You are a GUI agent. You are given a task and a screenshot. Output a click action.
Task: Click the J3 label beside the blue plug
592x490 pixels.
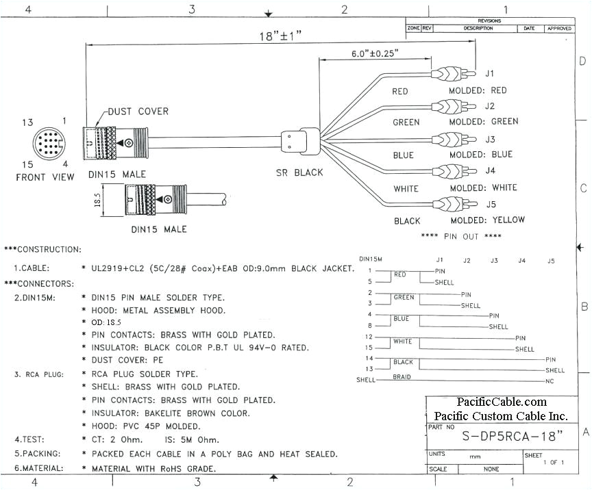pos(490,139)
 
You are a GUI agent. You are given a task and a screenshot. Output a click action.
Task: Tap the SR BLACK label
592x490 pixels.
pos(299,172)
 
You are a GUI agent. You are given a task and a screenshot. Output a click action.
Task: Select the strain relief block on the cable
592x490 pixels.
pos(299,141)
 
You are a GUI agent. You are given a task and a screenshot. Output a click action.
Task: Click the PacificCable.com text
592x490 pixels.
pos(502,402)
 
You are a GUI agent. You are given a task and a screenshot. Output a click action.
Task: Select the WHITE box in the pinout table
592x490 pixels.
pos(402,341)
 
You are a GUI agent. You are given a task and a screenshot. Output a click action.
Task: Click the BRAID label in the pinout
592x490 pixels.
pos(402,377)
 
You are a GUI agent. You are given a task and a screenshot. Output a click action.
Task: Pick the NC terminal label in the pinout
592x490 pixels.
pos(550,381)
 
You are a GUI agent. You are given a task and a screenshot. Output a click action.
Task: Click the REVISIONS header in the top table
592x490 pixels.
pos(489,21)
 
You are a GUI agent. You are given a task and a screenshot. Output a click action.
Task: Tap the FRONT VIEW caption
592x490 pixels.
pos(46,177)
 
